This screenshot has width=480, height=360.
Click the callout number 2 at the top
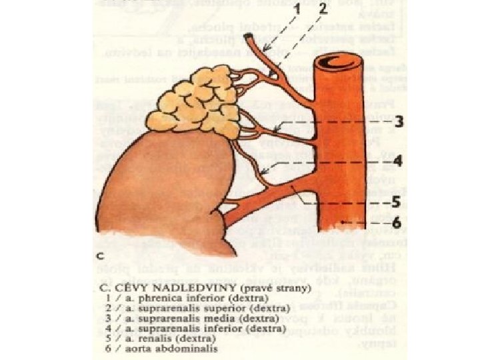pyautogui.click(x=323, y=11)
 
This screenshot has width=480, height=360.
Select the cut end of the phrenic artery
pyautogui.click(x=247, y=37)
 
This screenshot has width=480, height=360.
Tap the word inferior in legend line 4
pyautogui.click(x=191, y=329)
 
